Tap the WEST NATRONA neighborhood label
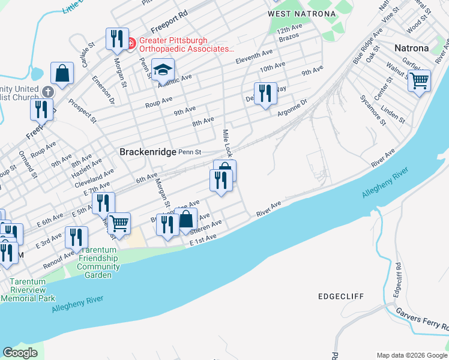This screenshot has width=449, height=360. click(294, 14)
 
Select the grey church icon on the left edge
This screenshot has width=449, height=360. click(47, 92)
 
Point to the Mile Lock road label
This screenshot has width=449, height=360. click(227, 143)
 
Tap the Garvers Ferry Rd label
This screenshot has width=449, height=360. click(423, 320)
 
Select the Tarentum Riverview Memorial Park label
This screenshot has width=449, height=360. click(28, 290)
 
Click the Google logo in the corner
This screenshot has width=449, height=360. click(20, 353)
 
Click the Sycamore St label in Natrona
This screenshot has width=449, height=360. click(372, 110)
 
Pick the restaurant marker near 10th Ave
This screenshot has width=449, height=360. click(265, 94)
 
